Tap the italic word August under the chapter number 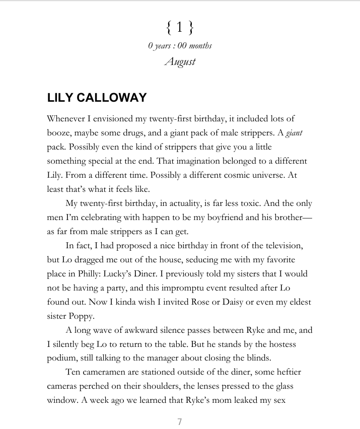pos(180,62)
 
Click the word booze pos(59,133)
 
